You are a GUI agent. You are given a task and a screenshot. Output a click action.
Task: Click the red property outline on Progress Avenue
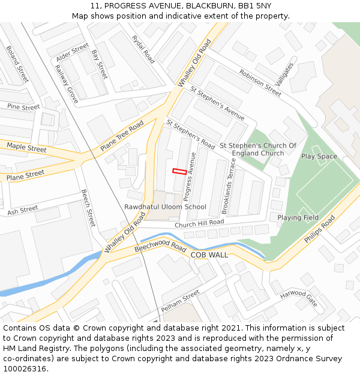tap(178, 171)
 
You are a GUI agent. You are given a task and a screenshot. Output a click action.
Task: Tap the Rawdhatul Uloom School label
tap(165, 207)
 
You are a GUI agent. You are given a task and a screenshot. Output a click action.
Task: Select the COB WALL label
tap(209, 255)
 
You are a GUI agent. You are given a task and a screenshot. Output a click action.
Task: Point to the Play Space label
tap(319, 157)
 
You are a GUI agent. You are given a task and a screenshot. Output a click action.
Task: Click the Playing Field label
tap(298, 218)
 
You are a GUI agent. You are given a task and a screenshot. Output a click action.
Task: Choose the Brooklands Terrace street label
tap(229, 186)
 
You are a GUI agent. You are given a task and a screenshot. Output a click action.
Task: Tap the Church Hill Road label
tap(199, 223)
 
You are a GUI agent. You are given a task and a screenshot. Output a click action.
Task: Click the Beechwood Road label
tap(160, 246)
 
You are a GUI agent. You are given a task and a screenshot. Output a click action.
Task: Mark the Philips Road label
tap(319, 230)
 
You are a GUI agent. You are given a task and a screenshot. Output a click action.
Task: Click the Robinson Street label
tap(260, 83)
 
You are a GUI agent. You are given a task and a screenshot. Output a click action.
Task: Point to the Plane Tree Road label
tap(122, 136)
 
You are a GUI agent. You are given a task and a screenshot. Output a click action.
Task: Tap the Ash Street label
tap(22, 211)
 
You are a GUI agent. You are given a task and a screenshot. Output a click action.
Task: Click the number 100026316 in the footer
tap(25, 369)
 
